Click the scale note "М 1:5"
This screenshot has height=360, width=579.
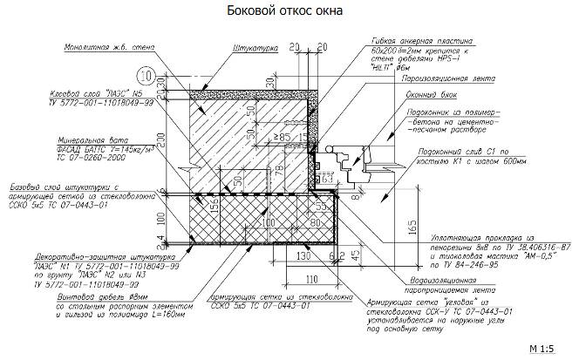coord(542,348)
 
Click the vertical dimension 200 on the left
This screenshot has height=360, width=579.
coord(160,142)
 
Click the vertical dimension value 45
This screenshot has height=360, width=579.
coord(355,255)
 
